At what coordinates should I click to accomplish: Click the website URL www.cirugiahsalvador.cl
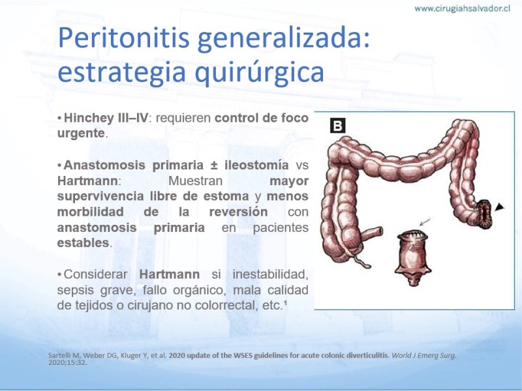462,8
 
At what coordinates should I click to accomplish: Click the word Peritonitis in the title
124,38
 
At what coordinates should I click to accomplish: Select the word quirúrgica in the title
259,73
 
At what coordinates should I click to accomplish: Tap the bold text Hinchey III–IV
106,118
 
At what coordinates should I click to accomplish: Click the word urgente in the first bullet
81,134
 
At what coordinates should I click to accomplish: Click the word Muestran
195,181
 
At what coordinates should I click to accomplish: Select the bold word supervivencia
100,196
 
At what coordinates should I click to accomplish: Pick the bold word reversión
238,212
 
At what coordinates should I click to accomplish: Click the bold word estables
83,242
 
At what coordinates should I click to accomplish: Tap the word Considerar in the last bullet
95,274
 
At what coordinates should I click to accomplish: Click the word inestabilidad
270,274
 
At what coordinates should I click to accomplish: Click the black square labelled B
337,125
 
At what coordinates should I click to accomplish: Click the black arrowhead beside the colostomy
499,207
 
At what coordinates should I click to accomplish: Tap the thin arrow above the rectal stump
425,222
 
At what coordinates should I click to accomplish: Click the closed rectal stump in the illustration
413,257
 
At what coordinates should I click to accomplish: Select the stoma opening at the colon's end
484,214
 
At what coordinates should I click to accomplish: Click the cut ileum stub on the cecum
371,234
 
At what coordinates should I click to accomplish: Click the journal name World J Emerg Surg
423,355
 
